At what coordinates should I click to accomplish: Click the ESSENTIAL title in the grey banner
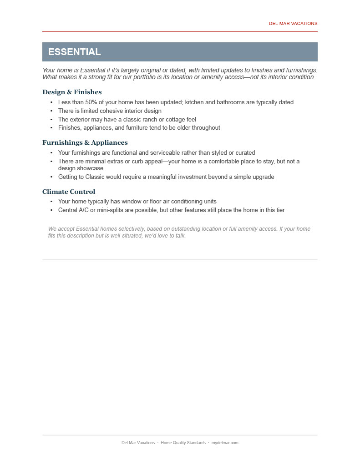pos(74,52)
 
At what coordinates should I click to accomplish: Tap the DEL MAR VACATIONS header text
pos(293,24)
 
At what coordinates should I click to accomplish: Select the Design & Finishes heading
pos(72,92)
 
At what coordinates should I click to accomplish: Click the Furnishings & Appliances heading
pos(85,143)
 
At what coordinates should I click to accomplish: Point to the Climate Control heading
pos(69,192)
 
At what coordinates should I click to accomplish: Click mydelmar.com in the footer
pos(225,443)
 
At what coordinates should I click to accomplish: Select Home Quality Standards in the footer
pos(183,443)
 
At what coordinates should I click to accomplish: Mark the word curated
pos(245,153)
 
